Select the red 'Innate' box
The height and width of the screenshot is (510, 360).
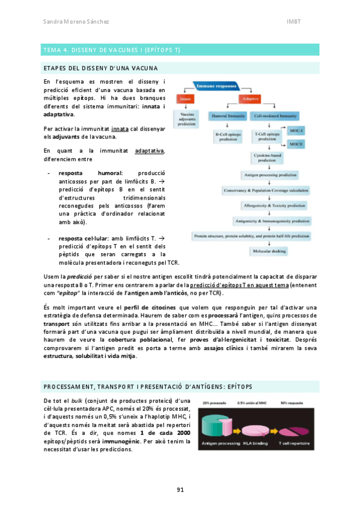185,98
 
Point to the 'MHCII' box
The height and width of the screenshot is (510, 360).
297,144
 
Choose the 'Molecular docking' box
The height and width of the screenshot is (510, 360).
270,251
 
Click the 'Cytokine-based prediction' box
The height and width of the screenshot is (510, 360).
270,158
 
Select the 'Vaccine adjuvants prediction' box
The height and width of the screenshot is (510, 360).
185,118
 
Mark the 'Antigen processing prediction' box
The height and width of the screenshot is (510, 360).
270,175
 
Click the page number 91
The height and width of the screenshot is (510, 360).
180,490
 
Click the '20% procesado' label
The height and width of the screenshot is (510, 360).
215,402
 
